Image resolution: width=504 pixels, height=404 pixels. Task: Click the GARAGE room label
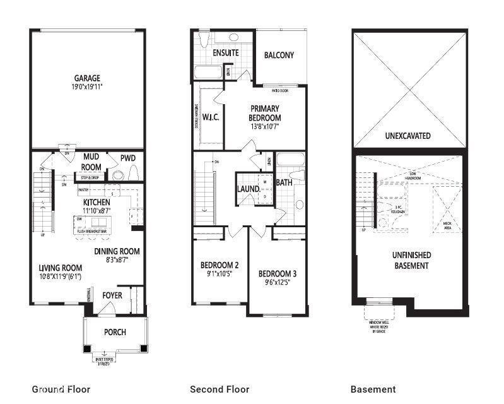[x=86, y=78]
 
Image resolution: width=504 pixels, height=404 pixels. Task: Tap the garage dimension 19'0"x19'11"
[x=86, y=88]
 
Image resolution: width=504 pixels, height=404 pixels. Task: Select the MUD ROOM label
[x=92, y=162]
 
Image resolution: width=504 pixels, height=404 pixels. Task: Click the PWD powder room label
[x=128, y=158]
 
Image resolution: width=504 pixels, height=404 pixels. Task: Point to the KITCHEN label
[x=97, y=202]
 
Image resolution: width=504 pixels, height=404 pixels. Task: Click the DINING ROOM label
[x=117, y=251]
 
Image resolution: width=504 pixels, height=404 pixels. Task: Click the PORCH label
[x=114, y=332]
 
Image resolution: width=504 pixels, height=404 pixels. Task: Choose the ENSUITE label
[x=225, y=52]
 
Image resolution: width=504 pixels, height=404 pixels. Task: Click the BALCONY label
[x=279, y=55]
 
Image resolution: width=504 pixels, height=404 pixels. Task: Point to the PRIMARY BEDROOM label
[x=265, y=113]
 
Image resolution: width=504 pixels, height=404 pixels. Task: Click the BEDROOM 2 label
[x=219, y=264]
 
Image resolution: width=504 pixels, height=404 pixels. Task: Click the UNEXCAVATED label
[x=407, y=136]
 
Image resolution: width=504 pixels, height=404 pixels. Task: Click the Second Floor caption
[x=220, y=389]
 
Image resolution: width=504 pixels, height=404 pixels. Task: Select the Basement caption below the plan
[x=373, y=389]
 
